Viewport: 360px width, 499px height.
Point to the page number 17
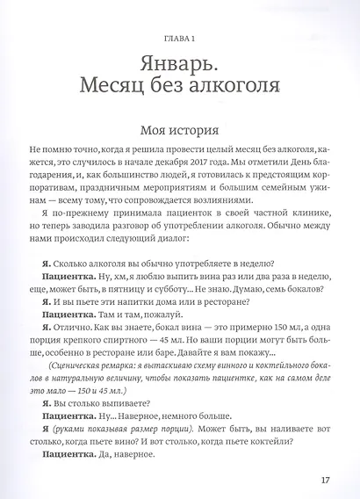click(x=326, y=480)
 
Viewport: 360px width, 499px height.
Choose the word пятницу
click(x=133, y=292)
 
